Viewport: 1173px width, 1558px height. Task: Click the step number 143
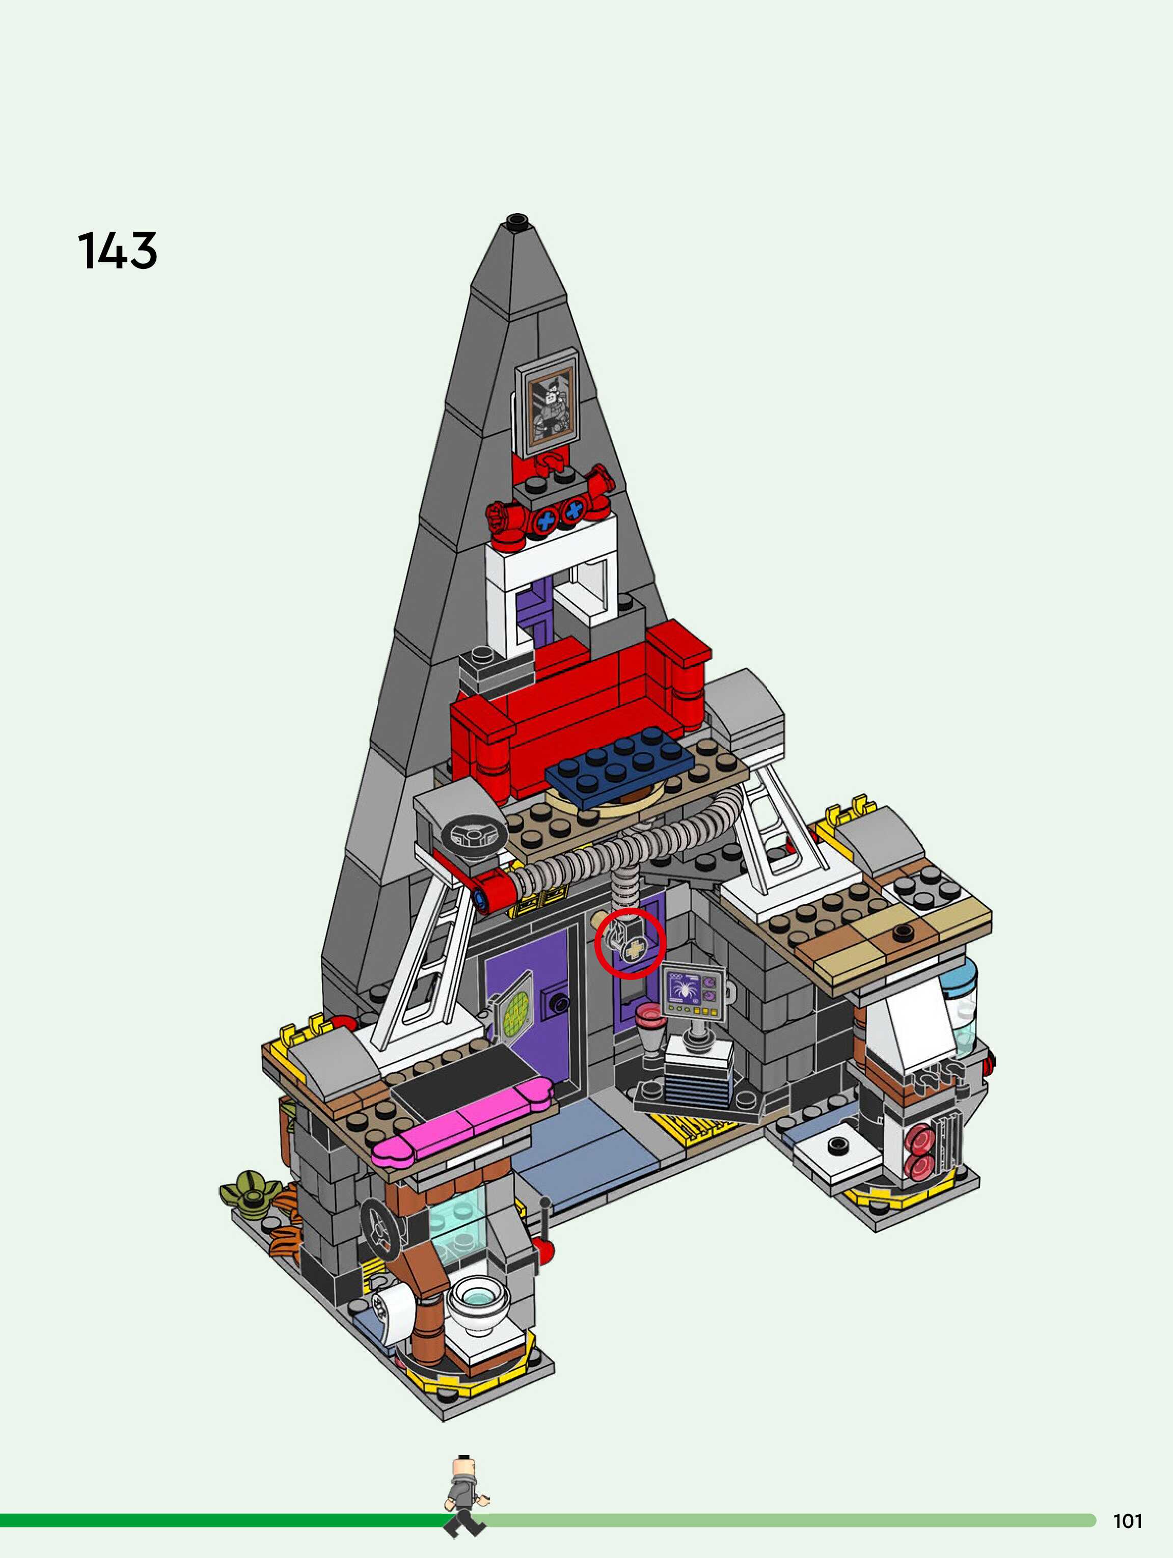pos(117,251)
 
